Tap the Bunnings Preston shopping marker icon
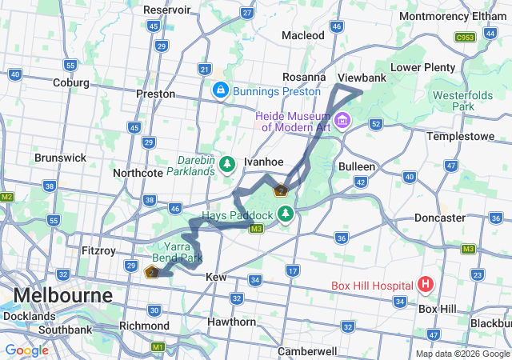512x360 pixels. coord(218,91)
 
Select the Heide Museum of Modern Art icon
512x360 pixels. coord(343,121)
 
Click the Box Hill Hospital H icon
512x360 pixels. coord(425,284)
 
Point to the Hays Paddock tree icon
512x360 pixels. coord(286,214)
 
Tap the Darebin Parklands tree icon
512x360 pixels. coord(227,163)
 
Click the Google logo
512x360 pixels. coord(26,350)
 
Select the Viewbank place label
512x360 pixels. coord(362,78)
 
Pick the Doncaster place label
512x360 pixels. coord(439,218)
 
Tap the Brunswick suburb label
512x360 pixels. coord(60,158)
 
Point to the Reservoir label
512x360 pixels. coord(167,10)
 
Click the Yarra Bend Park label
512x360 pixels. coord(178,253)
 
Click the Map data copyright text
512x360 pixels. coord(462,354)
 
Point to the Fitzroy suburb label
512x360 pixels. coord(98,250)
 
